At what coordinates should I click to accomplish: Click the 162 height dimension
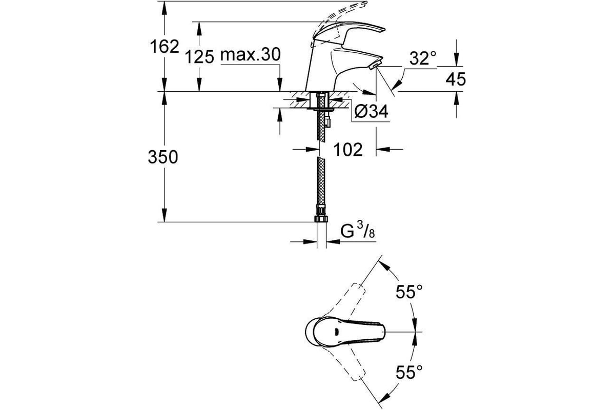[x=165, y=47]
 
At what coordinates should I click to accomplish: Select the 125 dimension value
[x=199, y=57]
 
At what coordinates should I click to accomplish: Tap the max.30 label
[x=251, y=54]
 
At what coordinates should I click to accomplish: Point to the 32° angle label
[x=423, y=58]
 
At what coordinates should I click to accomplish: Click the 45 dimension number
[x=456, y=79]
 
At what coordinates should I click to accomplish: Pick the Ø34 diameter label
[x=372, y=111]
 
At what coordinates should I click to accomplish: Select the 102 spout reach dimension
[x=348, y=150]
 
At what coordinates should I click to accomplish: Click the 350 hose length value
[x=163, y=157]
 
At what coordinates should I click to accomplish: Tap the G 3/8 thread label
[x=358, y=231]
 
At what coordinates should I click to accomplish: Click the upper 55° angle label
[x=409, y=292]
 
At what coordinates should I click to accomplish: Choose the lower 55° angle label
[x=409, y=372]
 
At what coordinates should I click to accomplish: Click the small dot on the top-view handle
[x=335, y=332]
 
